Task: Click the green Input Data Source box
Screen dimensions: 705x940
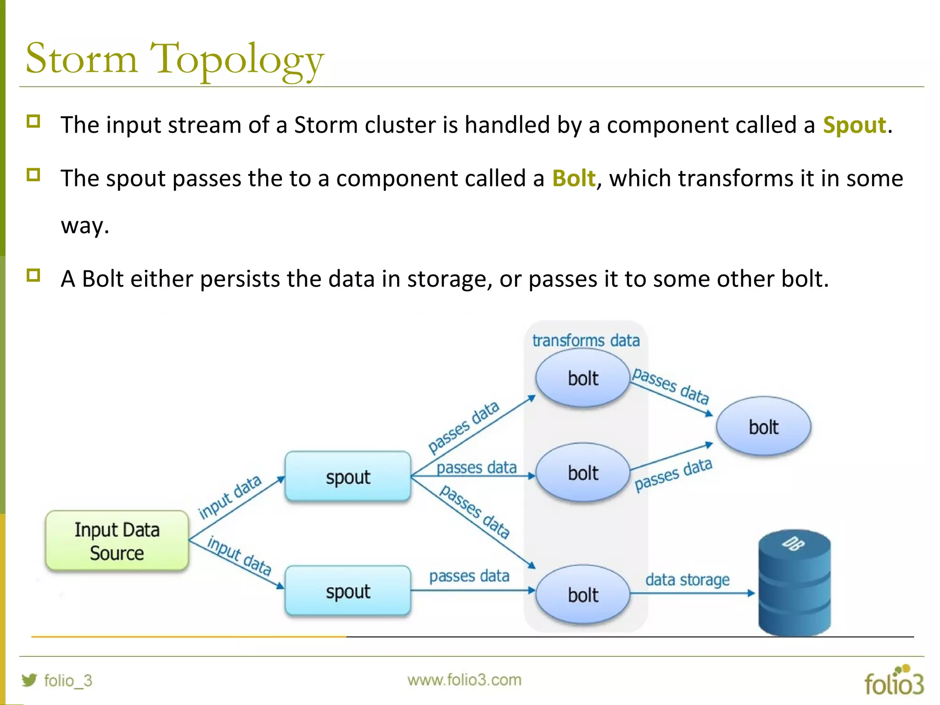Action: (117, 541)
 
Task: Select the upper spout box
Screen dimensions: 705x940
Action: (347, 477)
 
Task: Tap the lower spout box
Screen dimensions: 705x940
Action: (347, 591)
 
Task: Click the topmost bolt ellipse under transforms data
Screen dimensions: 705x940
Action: (582, 378)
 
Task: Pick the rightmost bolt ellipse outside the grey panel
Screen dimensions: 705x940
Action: (763, 426)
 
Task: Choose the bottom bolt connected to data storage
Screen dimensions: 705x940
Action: (582, 595)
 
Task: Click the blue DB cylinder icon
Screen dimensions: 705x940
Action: (794, 583)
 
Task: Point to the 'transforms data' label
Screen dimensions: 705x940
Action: (586, 341)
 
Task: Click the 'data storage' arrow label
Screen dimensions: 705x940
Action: (687, 580)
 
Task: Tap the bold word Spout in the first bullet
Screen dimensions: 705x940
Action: (854, 125)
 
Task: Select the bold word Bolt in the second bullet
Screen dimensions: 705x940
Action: (573, 178)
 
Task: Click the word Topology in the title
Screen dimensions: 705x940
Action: (237, 60)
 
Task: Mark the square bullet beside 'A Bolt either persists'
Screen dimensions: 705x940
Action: (34, 275)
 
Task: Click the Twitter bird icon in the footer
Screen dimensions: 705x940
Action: (29, 680)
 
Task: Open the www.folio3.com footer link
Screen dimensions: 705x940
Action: (464, 680)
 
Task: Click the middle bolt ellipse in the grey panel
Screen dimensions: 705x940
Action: (582, 473)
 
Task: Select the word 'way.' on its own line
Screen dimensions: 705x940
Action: (85, 225)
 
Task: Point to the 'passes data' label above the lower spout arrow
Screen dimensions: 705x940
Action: (469, 576)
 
